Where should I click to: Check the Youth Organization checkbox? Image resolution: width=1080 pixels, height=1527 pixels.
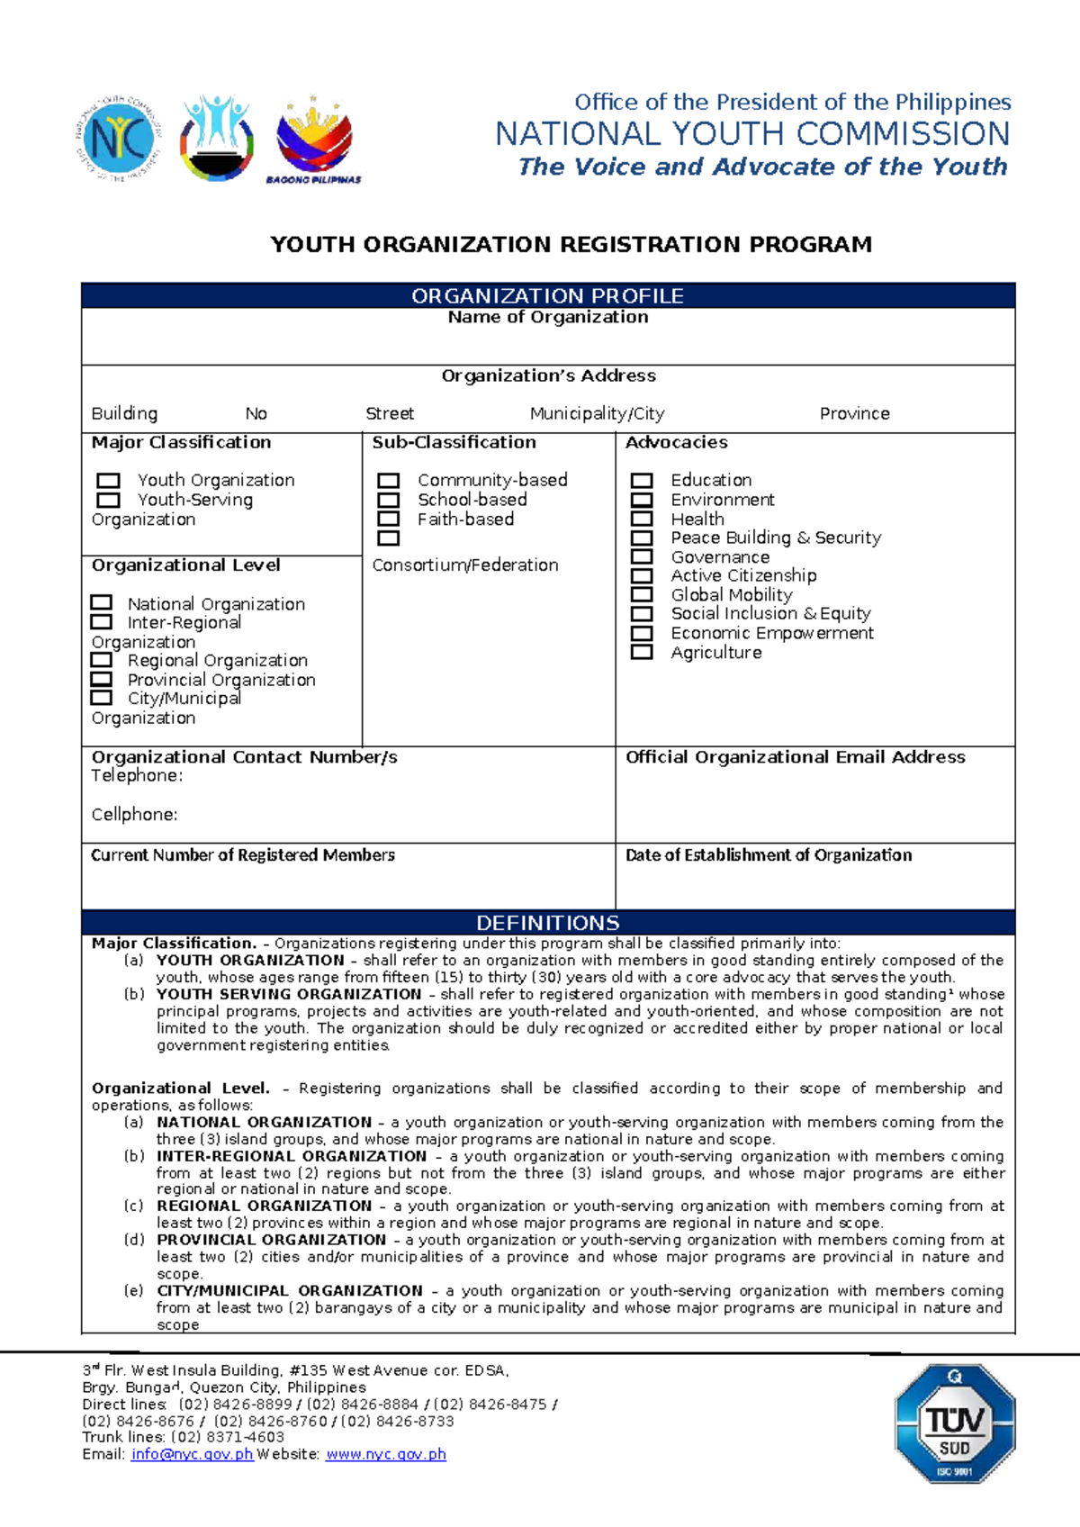pos(108,481)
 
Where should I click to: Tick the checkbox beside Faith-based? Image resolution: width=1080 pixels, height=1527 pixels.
pos(388,519)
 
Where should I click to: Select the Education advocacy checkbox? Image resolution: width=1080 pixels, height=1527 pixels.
pos(642,481)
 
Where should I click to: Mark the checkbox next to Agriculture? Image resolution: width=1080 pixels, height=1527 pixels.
pos(642,652)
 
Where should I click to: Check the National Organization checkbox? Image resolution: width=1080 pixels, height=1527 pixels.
pos(102,602)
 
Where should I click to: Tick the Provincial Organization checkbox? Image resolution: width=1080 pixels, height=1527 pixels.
pos(102,679)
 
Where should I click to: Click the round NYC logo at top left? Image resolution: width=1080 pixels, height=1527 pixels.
pos(118,139)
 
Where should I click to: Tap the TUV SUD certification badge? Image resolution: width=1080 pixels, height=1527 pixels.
pos(954,1423)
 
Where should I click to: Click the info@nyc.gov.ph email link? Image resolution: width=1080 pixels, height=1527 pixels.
pos(192,1454)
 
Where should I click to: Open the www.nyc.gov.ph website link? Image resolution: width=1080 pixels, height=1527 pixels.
pos(385,1454)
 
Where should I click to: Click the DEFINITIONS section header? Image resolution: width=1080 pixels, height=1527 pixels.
pos(547,923)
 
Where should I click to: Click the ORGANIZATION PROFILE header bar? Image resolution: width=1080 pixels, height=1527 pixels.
pos(547,295)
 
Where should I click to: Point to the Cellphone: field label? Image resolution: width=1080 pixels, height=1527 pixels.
pos(134,814)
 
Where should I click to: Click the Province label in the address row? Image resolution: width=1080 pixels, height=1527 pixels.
pos(854,413)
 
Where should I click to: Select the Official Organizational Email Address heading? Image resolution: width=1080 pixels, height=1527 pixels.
pos(795,757)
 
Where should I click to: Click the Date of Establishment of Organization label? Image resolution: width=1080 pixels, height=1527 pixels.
pos(768,854)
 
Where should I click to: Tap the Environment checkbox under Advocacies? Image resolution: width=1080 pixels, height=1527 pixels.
pos(642,500)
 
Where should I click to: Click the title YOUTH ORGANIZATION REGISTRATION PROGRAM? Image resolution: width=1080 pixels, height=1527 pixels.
pos(571,245)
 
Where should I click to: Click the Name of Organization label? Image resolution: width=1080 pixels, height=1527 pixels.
pos(547,317)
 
